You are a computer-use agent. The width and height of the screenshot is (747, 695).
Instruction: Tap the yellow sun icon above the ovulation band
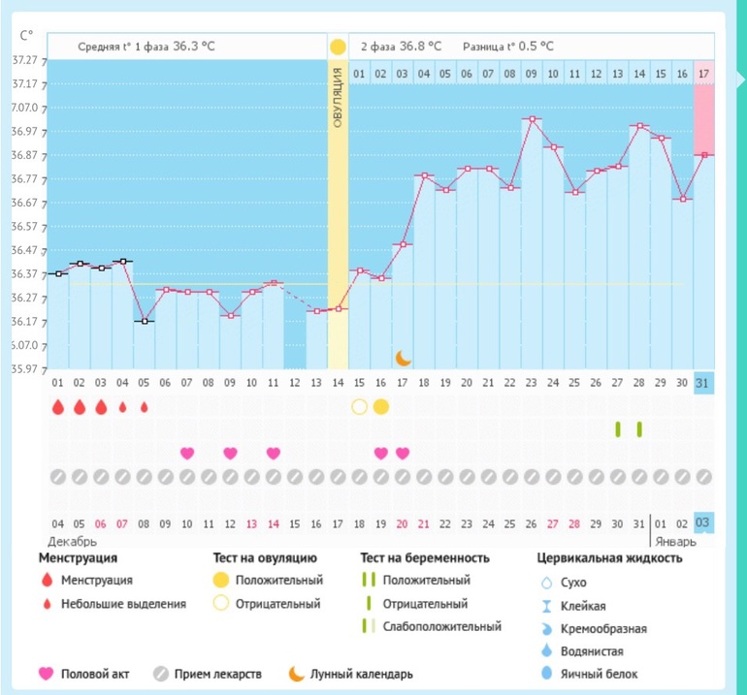click(x=338, y=47)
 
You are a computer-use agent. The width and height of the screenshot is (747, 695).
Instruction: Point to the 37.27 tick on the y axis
click(x=23, y=60)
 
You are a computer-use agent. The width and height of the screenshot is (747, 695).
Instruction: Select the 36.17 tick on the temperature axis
click(x=23, y=322)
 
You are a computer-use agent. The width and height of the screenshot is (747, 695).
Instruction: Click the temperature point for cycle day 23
click(x=531, y=119)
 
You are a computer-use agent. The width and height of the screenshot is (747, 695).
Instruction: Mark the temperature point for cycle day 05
click(x=145, y=321)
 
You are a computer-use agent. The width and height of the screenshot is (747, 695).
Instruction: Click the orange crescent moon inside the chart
click(x=404, y=359)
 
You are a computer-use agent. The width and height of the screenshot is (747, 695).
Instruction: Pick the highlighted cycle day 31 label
click(x=704, y=384)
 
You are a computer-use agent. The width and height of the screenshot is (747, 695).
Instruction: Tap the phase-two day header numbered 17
click(x=704, y=74)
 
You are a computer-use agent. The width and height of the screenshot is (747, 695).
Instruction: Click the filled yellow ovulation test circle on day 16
click(x=381, y=406)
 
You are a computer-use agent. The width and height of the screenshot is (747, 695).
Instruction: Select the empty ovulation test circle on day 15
click(x=360, y=406)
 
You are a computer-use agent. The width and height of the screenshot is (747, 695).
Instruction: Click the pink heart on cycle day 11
click(x=274, y=453)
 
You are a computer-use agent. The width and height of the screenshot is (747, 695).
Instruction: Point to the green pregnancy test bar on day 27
click(x=618, y=429)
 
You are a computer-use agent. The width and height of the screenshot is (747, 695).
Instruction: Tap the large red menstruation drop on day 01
click(x=58, y=406)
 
